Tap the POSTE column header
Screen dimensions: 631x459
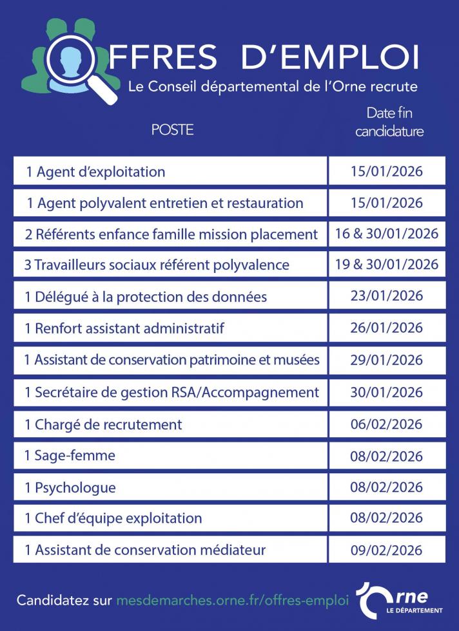point(172,129)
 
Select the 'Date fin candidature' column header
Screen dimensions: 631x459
point(389,122)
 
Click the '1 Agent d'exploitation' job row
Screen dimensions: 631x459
point(95,172)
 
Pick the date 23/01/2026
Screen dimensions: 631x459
point(387,296)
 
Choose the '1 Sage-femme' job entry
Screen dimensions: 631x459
point(70,456)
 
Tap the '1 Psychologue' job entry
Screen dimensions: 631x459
point(70,487)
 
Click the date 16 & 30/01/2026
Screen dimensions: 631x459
point(387,233)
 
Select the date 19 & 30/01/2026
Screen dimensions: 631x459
point(387,264)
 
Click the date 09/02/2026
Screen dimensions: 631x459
point(387,551)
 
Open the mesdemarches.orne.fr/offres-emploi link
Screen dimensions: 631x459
point(233,600)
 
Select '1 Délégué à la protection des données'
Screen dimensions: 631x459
point(146,297)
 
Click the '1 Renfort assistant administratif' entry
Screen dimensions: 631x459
point(124,328)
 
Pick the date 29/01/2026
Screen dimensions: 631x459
point(387,360)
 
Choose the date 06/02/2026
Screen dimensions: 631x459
point(387,424)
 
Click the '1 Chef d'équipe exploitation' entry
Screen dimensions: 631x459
point(113,518)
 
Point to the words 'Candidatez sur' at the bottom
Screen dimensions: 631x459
point(63,600)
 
